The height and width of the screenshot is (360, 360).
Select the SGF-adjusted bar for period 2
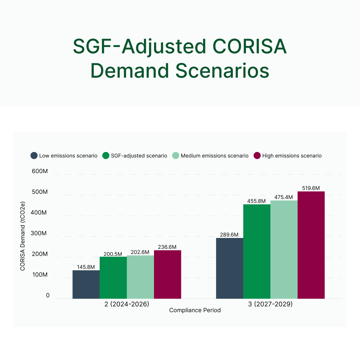pos(113,278)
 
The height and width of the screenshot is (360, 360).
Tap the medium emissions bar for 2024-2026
pos(140,277)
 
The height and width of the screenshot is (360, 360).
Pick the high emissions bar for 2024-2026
pos(167,274)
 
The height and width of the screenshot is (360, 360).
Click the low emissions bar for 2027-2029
pos(230,268)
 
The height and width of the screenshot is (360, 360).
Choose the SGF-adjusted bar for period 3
pos(257,251)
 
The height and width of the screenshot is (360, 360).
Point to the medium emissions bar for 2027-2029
pos(284,249)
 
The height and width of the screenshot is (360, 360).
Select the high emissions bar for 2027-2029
pos(311,245)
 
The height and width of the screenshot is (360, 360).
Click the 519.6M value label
pos(311,188)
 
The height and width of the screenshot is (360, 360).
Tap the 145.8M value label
pos(86,267)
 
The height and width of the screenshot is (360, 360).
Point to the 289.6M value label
pos(230,234)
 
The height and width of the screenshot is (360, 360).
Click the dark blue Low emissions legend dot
pos(34,156)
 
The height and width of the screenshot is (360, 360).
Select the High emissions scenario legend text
pos(292,156)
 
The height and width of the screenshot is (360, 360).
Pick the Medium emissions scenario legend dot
pos(175,156)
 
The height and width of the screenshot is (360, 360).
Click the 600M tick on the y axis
pos(40,171)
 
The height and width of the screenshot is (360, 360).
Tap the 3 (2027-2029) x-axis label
pos(270,304)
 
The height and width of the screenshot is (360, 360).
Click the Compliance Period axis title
pos(195,310)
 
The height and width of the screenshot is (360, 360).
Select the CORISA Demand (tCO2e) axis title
pos(23,236)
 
